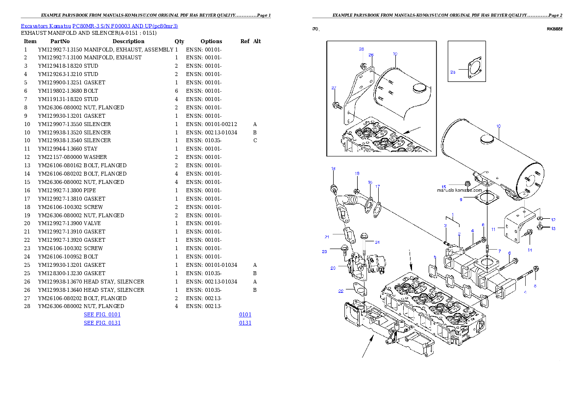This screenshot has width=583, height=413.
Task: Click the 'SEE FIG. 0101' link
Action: pyautogui.click(x=102, y=314)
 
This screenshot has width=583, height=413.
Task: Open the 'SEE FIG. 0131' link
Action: pyautogui.click(x=102, y=323)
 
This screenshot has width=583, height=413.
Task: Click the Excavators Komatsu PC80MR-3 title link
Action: pyautogui.click(x=99, y=26)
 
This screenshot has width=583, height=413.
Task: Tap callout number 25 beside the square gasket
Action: pyautogui.click(x=453, y=72)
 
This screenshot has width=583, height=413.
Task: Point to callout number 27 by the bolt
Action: pyautogui.click(x=334, y=88)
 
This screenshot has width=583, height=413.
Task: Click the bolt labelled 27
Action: pyautogui.click(x=337, y=104)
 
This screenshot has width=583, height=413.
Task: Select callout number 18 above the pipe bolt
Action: pyautogui.click(x=333, y=169)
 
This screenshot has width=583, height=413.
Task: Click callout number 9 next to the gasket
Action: pyautogui.click(x=461, y=200)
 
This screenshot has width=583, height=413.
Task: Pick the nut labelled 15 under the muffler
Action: pyautogui.click(x=467, y=184)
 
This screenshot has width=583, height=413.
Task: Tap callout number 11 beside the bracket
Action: pyautogui.click(x=494, y=229)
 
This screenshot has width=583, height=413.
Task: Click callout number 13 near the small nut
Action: pyautogui.click(x=554, y=228)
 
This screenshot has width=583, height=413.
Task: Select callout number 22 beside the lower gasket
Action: pyautogui.click(x=341, y=291)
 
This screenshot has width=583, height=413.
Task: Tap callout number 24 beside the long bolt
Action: pyautogui.click(x=377, y=242)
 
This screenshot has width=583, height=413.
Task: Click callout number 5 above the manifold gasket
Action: pyautogui.click(x=435, y=257)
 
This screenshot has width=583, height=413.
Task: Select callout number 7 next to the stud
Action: pyautogui.click(x=499, y=251)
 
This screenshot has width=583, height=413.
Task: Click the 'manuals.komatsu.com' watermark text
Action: pyautogui.click(x=456, y=190)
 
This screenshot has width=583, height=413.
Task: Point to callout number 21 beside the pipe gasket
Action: pyautogui.click(x=326, y=237)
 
